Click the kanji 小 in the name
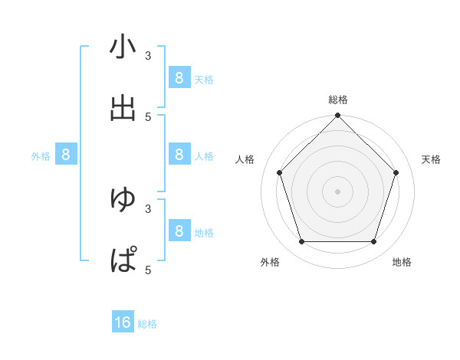coord(123,47)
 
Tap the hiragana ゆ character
coord(123,199)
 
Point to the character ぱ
coord(123,260)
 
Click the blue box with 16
coord(123,322)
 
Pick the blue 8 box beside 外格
coord(66,155)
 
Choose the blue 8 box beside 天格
coord(179,77)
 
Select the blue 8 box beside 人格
coord(179,155)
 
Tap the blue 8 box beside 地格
coord(179,231)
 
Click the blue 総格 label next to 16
coord(147,324)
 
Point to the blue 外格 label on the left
coord(41,156)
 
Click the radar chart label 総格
coord(337,100)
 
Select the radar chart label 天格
coord(431,159)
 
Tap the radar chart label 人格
coord(245,159)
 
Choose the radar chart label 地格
coord(402,262)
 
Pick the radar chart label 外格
coord(270,262)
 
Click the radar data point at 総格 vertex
coord(337,116)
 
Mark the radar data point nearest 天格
coord(396,172)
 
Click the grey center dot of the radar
coord(337,191)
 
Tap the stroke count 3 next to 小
coord(148,55)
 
